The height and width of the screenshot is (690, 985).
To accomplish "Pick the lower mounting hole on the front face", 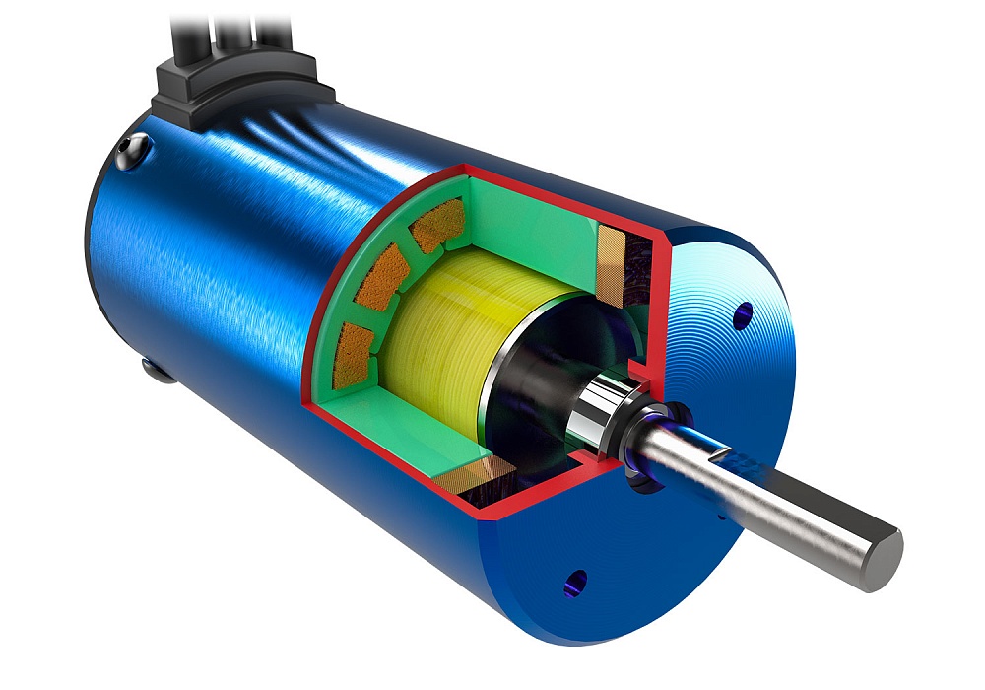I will (x=575, y=582).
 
